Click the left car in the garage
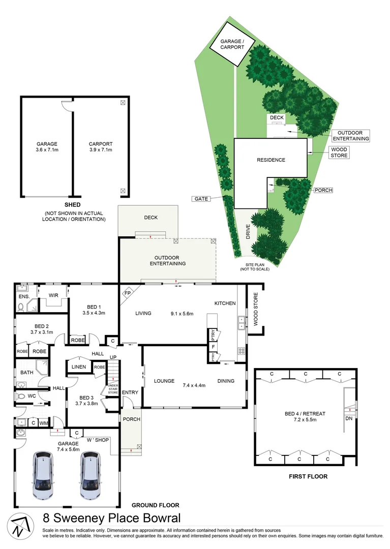43,476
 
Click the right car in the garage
89,476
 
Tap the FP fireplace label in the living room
127,293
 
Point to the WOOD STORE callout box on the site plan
339,152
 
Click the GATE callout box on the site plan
201,199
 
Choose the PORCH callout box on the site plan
323,190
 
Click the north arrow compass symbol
18,525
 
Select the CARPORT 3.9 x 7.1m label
101,147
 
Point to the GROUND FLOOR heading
155,505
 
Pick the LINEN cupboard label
79,367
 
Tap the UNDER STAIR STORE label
113,389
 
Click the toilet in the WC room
21,395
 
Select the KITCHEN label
225,303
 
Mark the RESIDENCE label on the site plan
271,160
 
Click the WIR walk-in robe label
53,295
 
